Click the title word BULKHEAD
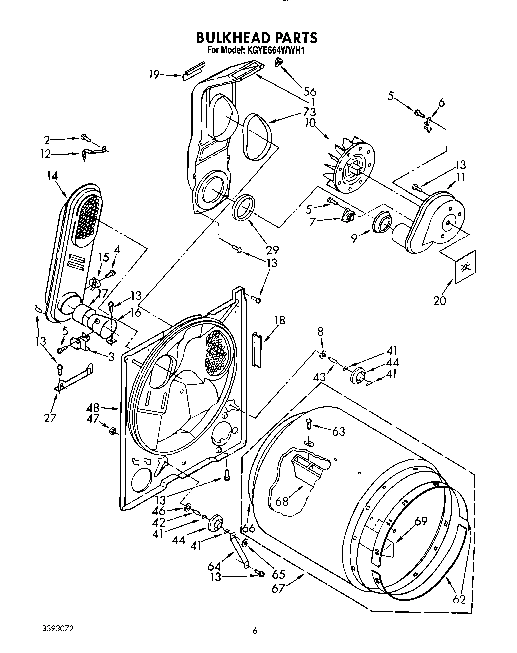pyautogui.click(x=233, y=38)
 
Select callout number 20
pyautogui.click(x=440, y=300)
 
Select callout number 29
pyautogui.click(x=272, y=250)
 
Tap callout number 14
pyautogui.click(x=52, y=175)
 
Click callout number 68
pyautogui.click(x=282, y=501)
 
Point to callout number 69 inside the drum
pyautogui.click(x=421, y=521)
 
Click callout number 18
pyautogui.click(x=280, y=320)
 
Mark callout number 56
pyautogui.click(x=310, y=91)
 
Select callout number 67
pyautogui.click(x=278, y=588)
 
